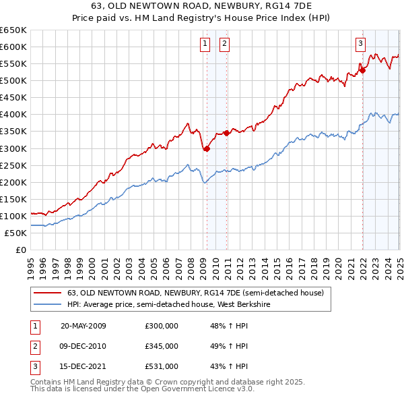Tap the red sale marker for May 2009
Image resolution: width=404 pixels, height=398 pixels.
tap(207, 149)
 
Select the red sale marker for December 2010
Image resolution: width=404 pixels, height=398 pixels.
tap(226, 133)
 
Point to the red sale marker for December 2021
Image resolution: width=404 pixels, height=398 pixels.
tap(362, 69)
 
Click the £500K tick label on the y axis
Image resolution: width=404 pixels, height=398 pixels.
tap(13, 80)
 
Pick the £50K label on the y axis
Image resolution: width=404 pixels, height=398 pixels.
tap(15, 233)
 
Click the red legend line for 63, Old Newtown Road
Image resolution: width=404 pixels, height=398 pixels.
tap(47, 293)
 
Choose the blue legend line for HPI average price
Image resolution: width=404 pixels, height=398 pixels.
tap(47, 304)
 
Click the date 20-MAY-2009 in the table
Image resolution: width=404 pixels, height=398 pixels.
tap(83, 326)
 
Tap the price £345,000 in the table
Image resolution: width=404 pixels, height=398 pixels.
tap(162, 347)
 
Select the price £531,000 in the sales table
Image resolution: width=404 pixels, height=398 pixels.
tap(162, 367)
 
